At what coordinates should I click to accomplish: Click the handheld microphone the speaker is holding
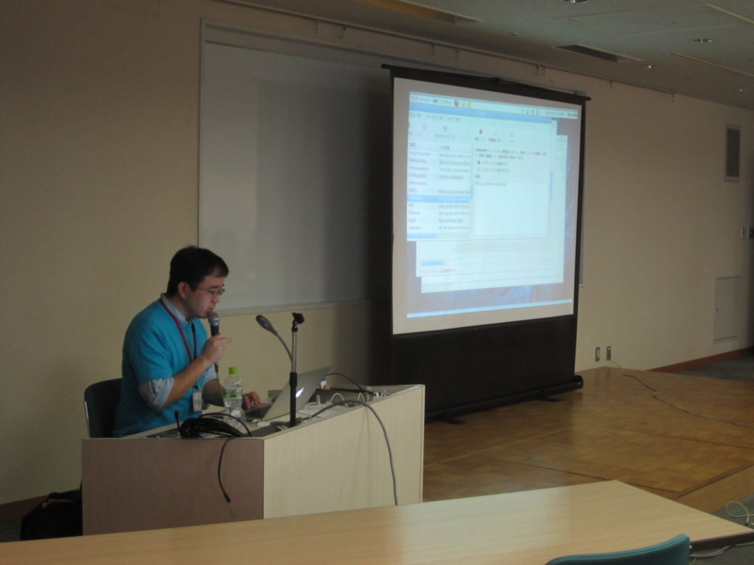214,326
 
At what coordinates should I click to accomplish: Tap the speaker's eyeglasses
209,291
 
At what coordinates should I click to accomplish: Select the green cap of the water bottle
232,370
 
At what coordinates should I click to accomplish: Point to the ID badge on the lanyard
197,400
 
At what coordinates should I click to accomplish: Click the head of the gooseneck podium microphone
263,323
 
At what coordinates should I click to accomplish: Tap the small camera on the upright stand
298,318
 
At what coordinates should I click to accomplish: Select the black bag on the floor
51,515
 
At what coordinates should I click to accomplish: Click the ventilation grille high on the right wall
732,153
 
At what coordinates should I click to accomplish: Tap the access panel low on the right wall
728,308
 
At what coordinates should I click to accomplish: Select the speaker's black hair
195,265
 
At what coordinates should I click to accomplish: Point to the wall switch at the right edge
745,232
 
